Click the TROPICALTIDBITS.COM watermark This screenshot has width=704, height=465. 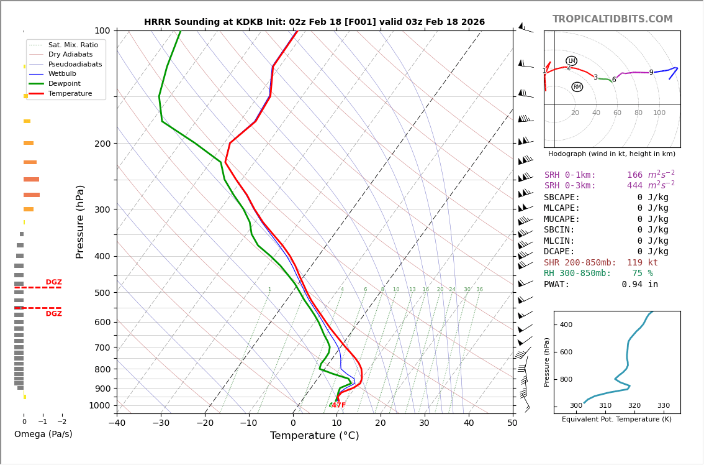pos(612,19)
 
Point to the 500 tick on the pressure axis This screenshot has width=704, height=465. pos(102,293)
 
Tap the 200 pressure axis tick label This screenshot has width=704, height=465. pos(102,144)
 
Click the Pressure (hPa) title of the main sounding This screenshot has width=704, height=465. pos(81,221)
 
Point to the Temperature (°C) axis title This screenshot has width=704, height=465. pos(314,436)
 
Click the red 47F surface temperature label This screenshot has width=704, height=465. pos(338,405)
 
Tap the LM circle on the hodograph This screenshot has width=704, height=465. pos(571,61)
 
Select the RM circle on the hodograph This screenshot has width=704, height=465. pos(577,87)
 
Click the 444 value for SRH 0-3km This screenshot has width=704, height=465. pos(634,186)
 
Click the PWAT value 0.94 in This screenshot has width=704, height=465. pos(639,285)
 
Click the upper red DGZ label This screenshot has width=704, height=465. pos(53,282)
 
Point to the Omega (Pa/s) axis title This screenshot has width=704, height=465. pos(43,435)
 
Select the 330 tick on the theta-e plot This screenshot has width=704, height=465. pos(664,406)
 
